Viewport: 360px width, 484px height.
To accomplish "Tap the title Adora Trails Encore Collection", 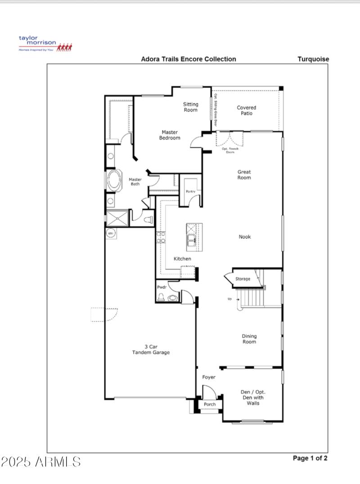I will pos(188,59).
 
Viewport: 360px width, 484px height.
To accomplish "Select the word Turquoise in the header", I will pos(313,59).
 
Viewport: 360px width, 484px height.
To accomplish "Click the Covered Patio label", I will pos(246,110).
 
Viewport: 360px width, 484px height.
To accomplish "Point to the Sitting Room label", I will pos(190,107).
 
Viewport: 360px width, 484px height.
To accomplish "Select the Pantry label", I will pos(190,192).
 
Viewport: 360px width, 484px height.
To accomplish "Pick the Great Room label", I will pos(244,175).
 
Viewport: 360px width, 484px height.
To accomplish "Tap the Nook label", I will pos(245,237).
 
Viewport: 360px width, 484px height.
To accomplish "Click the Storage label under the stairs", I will pos(243,279).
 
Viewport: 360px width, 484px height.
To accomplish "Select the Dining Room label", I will pos(249,339).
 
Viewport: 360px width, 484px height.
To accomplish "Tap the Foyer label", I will pos(208,377).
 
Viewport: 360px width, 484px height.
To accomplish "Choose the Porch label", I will pos(210,404).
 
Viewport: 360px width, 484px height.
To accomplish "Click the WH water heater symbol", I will pos(110,233).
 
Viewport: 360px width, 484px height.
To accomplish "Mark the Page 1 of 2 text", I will pos(310,458).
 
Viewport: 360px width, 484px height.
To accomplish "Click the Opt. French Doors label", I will pos(230,150).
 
